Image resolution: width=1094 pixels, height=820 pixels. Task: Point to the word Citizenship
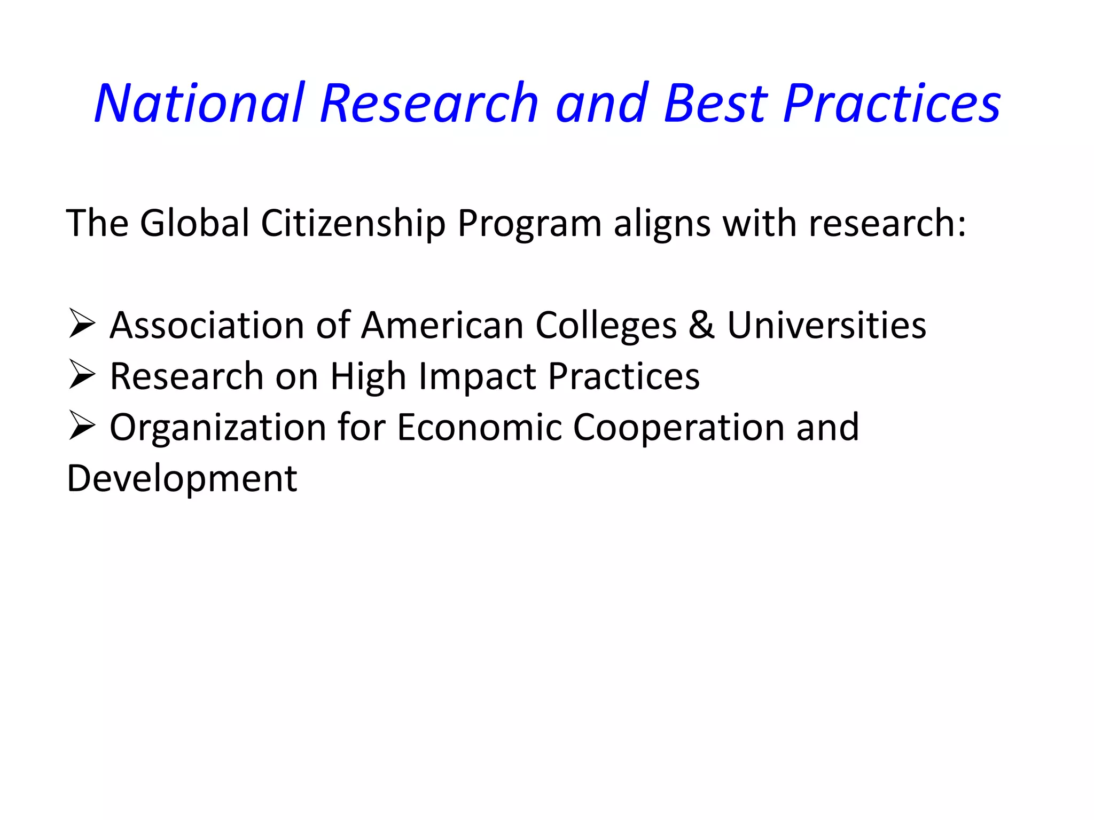[x=353, y=223]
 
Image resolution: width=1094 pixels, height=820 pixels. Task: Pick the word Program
[x=529, y=224]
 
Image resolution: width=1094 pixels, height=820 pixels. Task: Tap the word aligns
[x=662, y=224]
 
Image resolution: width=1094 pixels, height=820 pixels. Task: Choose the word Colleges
[x=606, y=326]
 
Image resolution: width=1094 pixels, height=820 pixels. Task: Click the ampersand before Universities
[x=701, y=325]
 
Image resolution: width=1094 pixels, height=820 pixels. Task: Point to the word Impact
[x=478, y=377]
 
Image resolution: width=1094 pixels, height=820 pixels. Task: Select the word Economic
[x=479, y=428]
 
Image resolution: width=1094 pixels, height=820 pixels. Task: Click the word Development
[x=182, y=479]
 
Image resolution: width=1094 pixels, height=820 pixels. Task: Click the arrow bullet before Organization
[x=82, y=428]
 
